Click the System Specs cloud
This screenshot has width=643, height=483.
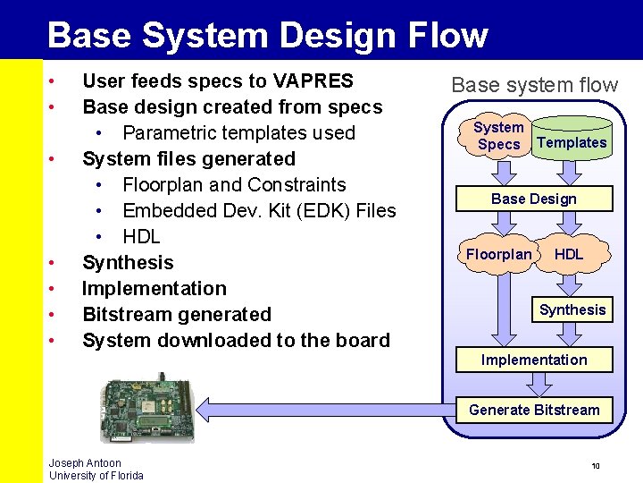click(498, 136)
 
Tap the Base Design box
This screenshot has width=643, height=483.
click(534, 199)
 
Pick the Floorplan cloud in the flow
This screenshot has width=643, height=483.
click(498, 255)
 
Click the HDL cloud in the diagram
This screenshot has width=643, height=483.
click(569, 255)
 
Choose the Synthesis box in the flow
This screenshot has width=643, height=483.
click(572, 309)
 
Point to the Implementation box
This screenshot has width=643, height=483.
click(534, 360)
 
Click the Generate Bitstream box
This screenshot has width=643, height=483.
click(534, 410)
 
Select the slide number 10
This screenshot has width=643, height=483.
click(596, 466)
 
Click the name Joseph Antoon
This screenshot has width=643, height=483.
click(85, 463)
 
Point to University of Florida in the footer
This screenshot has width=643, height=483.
click(96, 476)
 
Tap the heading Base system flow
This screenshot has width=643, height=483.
click(534, 85)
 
